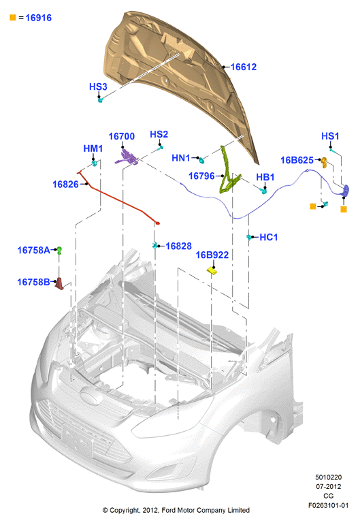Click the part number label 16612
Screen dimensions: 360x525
(244, 67)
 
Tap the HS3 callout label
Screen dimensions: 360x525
(98, 86)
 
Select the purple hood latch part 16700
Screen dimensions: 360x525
(127, 157)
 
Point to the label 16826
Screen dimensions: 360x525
(65, 184)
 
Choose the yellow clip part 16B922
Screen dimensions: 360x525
(212, 270)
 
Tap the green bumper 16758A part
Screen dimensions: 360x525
(59, 251)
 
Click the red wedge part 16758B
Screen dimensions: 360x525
(60, 283)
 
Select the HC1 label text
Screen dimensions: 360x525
(269, 238)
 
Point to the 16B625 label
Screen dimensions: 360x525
(297, 161)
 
